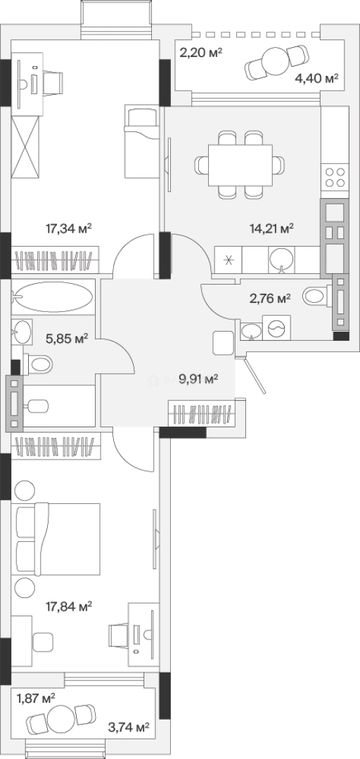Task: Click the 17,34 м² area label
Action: [x=69, y=228]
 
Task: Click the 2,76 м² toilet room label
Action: [x=270, y=299]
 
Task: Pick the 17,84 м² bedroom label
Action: [x=69, y=606]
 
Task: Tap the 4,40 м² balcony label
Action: [x=316, y=78]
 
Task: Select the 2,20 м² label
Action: [x=201, y=51]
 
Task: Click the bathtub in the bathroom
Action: [x=53, y=297]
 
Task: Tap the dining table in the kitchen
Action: [x=240, y=165]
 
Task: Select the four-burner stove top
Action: [x=335, y=176]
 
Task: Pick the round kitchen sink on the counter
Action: [x=281, y=259]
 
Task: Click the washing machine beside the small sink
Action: [x=276, y=327]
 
